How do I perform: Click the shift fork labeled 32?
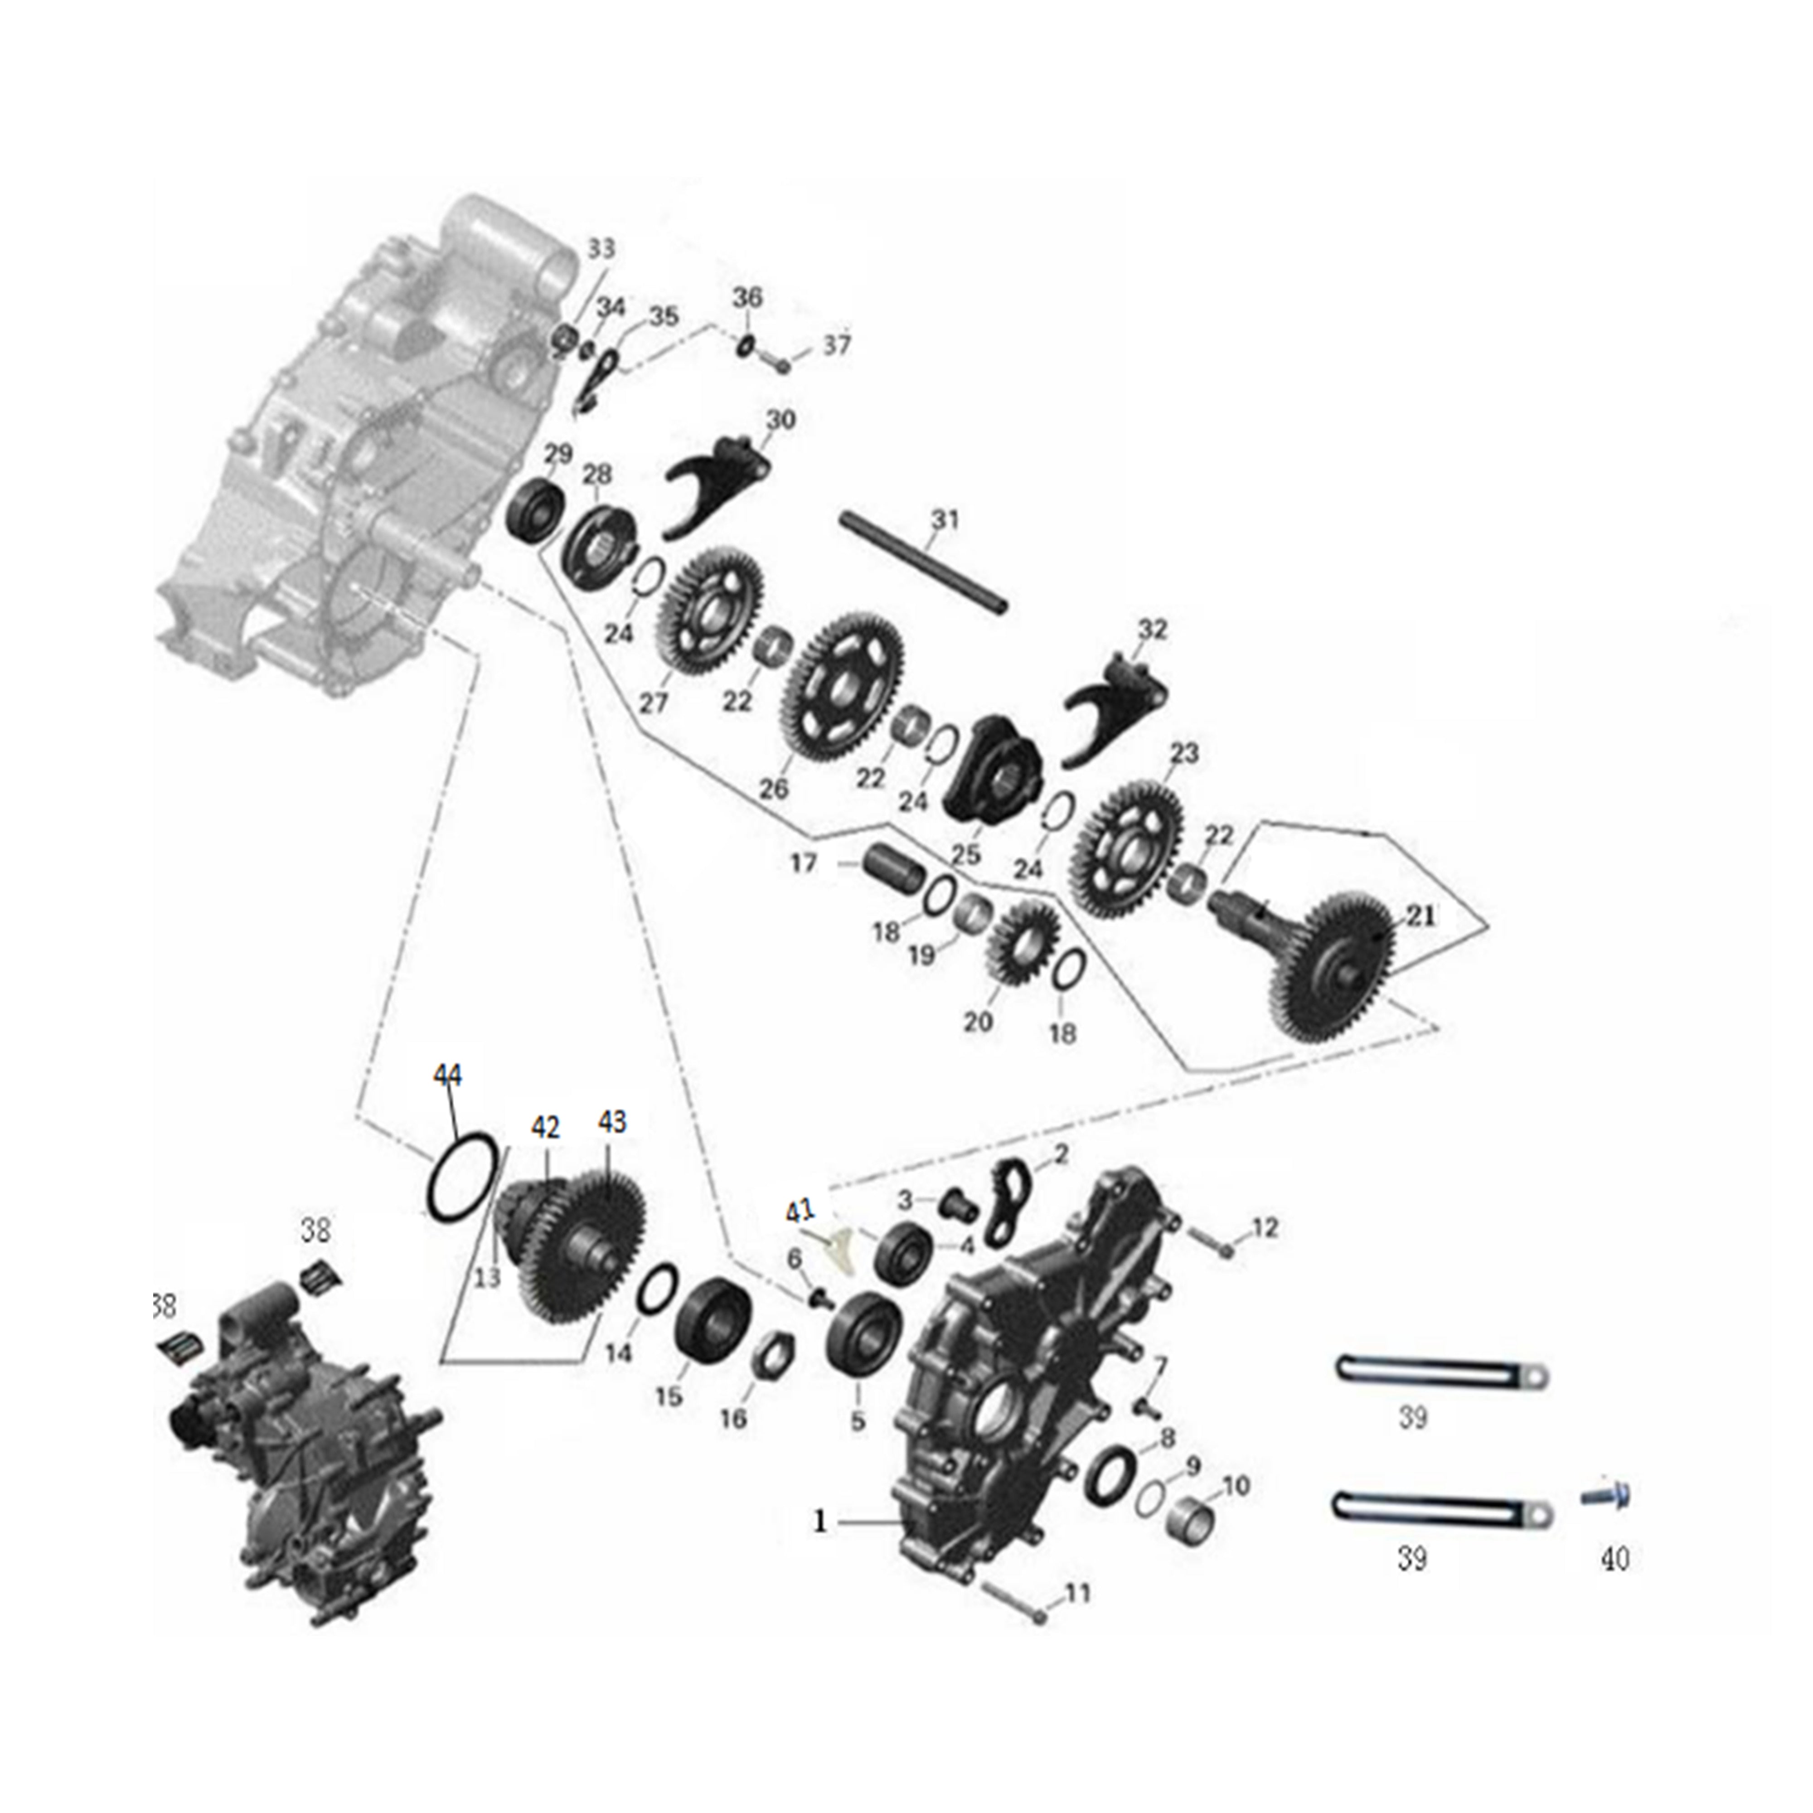point(1117,706)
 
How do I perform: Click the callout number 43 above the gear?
point(612,1122)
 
